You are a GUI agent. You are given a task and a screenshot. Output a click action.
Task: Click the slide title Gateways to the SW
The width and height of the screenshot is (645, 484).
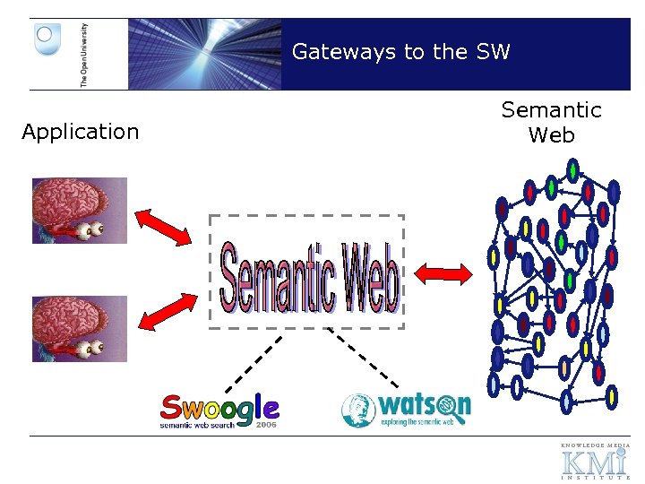click(x=400, y=52)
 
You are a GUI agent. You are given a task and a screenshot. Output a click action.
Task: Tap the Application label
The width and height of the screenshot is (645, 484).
click(x=81, y=132)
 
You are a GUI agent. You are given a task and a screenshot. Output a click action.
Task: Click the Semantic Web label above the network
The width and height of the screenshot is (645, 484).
click(x=551, y=122)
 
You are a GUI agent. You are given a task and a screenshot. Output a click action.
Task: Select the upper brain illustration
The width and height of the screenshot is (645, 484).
click(x=80, y=210)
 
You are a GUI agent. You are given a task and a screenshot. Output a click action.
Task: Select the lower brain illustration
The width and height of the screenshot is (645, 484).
click(x=80, y=328)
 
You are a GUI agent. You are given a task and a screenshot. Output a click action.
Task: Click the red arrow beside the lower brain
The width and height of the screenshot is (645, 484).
click(x=168, y=310)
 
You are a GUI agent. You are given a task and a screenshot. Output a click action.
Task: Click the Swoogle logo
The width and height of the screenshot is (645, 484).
click(x=219, y=410)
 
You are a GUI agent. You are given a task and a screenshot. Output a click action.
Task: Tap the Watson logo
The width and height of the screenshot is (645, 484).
click(x=406, y=410)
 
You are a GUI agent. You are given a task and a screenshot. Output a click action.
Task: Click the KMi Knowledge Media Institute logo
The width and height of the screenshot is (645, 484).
click(x=595, y=461)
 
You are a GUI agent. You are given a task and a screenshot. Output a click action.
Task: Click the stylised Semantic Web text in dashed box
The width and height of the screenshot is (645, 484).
click(x=307, y=272)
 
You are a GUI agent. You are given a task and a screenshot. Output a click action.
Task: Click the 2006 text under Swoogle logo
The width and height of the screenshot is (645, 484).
click(x=266, y=425)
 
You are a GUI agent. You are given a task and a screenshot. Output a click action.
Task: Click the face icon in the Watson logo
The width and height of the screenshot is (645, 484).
click(x=358, y=411)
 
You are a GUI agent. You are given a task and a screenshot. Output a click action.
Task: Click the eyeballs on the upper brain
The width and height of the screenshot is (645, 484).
click(x=90, y=230)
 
